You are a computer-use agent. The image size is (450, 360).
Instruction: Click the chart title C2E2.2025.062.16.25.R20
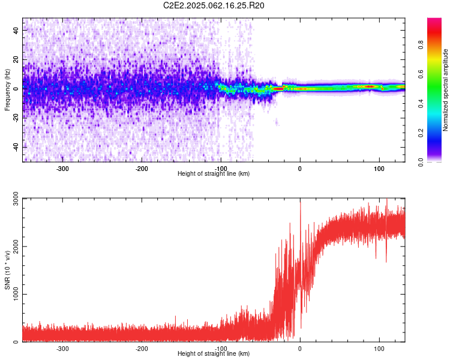click(214, 5)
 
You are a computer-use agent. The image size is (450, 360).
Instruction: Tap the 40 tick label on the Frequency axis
click(16, 30)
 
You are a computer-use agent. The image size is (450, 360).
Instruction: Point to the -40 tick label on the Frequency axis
click(16, 148)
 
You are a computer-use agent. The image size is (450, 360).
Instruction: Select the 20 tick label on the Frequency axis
click(16, 59)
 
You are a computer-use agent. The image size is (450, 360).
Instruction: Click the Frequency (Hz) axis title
click(7, 90)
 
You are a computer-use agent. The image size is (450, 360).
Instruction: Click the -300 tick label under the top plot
click(62, 169)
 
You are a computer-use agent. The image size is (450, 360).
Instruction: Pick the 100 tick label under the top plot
click(379, 169)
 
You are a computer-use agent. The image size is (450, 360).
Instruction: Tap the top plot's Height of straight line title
click(214, 173)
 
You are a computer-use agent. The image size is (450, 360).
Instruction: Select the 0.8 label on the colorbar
click(421, 45)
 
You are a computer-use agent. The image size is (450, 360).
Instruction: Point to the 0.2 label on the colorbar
click(421, 133)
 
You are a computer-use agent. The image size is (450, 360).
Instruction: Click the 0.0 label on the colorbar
click(421, 162)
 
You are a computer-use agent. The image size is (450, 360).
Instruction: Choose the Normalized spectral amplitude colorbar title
click(445, 90)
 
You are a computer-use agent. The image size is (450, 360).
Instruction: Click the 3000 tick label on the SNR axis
click(16, 199)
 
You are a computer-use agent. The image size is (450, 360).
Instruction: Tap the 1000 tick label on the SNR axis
click(16, 294)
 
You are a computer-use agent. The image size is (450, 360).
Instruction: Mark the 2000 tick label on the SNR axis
click(16, 247)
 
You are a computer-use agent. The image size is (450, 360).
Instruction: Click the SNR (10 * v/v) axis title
click(7, 270)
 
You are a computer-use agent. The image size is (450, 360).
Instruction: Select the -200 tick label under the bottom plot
click(142, 349)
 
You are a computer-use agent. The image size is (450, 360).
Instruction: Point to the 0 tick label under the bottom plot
click(300, 349)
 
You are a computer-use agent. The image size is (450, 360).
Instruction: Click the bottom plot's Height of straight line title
click(214, 353)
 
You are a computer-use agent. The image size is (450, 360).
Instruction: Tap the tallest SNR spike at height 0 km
click(301, 202)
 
